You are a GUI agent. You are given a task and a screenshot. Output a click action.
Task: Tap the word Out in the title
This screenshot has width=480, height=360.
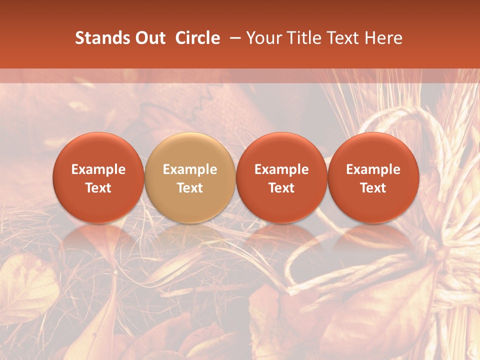(x=149, y=38)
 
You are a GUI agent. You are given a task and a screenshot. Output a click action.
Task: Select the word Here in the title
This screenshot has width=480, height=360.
(x=383, y=38)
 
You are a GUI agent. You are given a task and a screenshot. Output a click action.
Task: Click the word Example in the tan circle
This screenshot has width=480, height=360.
(x=190, y=169)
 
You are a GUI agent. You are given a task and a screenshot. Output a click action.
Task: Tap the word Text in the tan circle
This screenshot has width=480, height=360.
(x=190, y=188)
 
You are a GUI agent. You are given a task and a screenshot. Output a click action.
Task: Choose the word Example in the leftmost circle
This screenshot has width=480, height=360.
(x=98, y=169)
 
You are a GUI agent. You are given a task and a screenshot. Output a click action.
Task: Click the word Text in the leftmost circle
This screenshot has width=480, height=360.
(x=98, y=188)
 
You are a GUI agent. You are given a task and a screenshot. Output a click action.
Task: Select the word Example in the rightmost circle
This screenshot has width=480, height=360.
(x=373, y=169)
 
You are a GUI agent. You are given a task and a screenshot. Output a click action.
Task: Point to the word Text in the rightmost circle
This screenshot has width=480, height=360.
(x=373, y=188)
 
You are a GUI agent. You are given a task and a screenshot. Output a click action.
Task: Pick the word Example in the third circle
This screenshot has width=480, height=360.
(x=281, y=169)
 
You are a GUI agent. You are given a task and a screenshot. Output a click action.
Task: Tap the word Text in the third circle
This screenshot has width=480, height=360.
(x=281, y=188)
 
